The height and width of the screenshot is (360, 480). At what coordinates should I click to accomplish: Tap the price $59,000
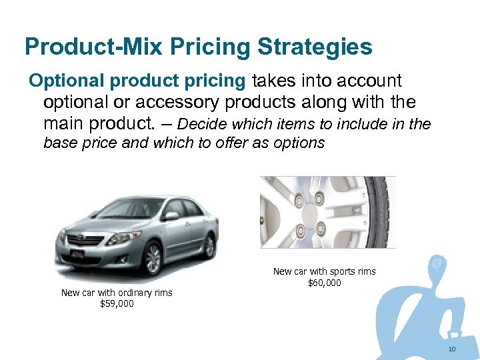117,303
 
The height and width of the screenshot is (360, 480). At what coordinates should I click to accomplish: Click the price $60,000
325,283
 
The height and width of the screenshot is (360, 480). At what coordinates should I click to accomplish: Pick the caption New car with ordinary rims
117,293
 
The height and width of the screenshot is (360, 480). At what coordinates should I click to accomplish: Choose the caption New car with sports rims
325,271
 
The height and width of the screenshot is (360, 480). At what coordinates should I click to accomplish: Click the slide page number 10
452,350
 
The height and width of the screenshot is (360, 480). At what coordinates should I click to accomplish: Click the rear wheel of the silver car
209,245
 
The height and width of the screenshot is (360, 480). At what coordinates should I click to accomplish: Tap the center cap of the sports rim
309,214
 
